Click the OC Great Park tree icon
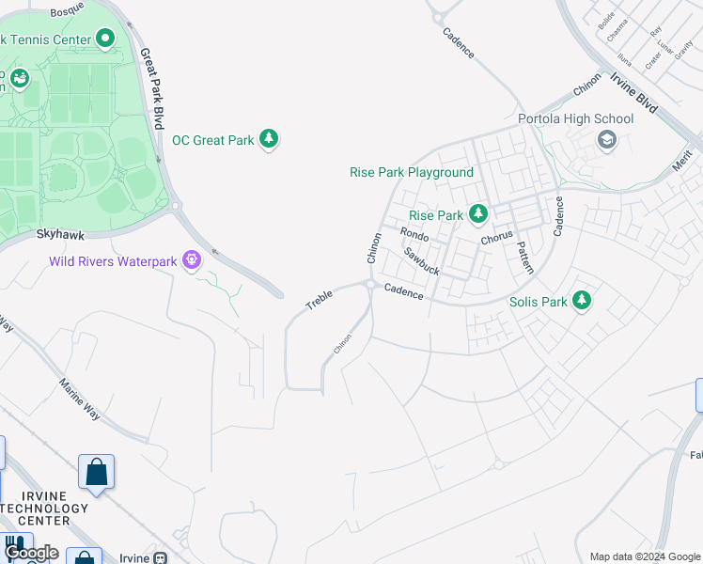(x=270, y=140)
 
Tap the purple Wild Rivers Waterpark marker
(x=193, y=259)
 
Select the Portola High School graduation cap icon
(x=606, y=140)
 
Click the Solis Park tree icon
(x=582, y=301)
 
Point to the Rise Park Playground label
(x=412, y=172)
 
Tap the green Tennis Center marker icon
(x=104, y=39)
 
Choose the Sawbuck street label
(x=422, y=260)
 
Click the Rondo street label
(x=414, y=234)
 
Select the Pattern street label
(x=524, y=256)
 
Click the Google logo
(x=30, y=553)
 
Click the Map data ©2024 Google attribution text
(x=645, y=556)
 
